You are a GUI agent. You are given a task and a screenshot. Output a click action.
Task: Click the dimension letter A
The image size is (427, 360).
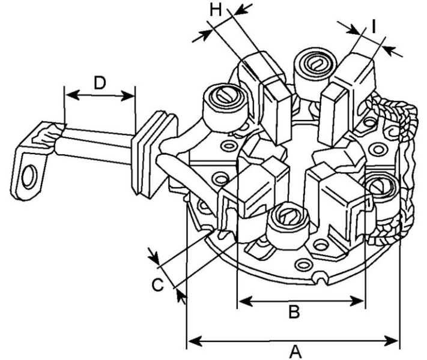[x=295, y=352]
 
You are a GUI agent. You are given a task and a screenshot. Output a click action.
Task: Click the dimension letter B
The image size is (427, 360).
[x=294, y=312]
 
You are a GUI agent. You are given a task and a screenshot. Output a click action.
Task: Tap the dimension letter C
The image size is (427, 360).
[x=158, y=285]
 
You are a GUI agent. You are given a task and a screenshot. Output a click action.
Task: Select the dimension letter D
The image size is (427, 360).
[x=100, y=83]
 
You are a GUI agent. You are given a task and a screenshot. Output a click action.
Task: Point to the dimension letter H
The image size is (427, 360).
[x=216, y=10]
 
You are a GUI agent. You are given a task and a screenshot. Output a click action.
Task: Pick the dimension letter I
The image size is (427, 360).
[x=374, y=26]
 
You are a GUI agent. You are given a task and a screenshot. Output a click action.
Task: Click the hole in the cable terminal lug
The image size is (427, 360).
[x=29, y=177]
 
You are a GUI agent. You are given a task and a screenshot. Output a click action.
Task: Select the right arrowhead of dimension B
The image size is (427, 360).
[x=357, y=301]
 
